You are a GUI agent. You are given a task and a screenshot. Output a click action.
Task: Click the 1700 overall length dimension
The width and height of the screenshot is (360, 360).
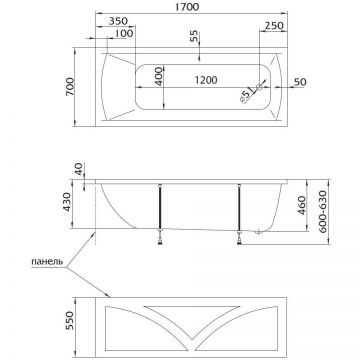tap(189, 7)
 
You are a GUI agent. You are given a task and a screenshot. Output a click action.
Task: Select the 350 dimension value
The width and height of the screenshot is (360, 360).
tap(118, 21)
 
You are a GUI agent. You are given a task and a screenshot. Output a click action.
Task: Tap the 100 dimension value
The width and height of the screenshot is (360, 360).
tap(125, 33)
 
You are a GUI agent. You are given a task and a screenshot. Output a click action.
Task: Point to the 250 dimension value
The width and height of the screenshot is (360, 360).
tap(274, 26)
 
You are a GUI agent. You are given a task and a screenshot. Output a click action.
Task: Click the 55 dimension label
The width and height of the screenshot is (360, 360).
tap(194, 37)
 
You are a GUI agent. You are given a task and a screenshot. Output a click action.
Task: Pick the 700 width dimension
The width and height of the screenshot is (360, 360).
tap(70, 87)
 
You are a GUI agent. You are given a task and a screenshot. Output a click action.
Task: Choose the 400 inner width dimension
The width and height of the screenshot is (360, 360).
tap(159, 76)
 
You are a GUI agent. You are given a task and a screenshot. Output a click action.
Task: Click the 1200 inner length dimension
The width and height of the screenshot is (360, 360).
tap(206, 80)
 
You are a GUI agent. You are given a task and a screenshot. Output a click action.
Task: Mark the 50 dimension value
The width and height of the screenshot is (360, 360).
tap(300, 82)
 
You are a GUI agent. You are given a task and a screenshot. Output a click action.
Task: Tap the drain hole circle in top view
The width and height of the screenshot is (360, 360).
tap(259, 87)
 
